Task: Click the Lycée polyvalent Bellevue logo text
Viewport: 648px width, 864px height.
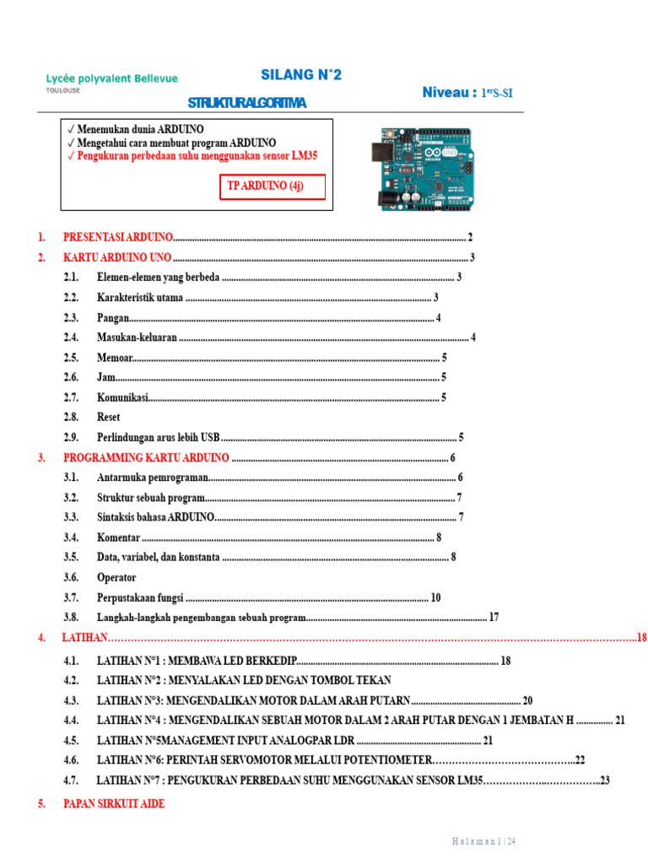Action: [x=111, y=78]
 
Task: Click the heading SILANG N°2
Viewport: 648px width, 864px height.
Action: [x=301, y=75]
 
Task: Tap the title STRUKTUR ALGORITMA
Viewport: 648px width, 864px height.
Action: [x=246, y=103]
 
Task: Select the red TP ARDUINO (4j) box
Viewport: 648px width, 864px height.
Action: [x=273, y=187]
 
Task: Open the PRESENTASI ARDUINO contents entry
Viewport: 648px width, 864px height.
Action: [x=118, y=237]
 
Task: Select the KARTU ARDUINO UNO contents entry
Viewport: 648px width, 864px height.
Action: [x=117, y=257]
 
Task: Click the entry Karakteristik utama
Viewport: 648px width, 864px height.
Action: [x=139, y=297]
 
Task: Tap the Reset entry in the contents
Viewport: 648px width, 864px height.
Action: [x=109, y=417]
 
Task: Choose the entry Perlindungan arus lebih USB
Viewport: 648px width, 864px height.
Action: [x=158, y=437]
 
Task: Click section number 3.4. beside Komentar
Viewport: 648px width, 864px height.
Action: [x=71, y=537]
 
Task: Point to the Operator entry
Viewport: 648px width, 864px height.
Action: [x=116, y=577]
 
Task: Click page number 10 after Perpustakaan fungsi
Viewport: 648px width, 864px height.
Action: [x=435, y=597]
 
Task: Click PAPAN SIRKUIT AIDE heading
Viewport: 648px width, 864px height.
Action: [x=114, y=804]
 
